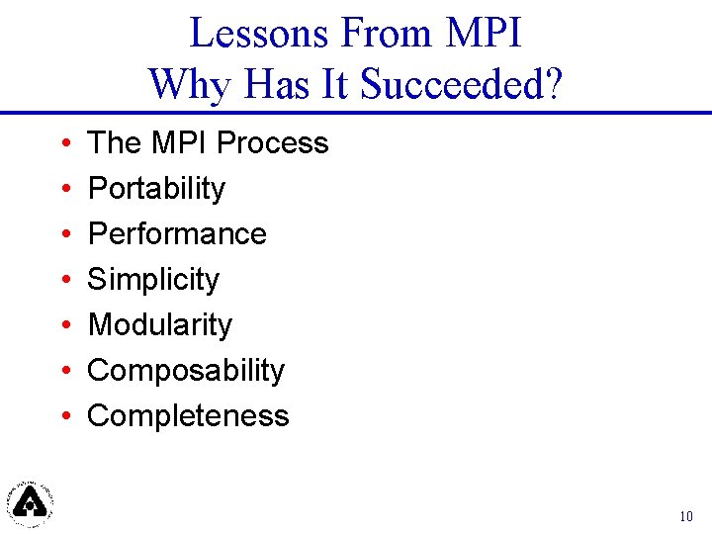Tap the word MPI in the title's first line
(x=484, y=34)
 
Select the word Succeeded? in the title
(x=462, y=85)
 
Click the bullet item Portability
(x=156, y=188)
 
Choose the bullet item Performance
(x=177, y=233)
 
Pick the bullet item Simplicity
(x=153, y=279)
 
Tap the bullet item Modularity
(x=160, y=324)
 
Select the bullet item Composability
(x=186, y=370)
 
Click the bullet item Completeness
(x=188, y=415)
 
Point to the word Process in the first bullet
(x=272, y=142)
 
